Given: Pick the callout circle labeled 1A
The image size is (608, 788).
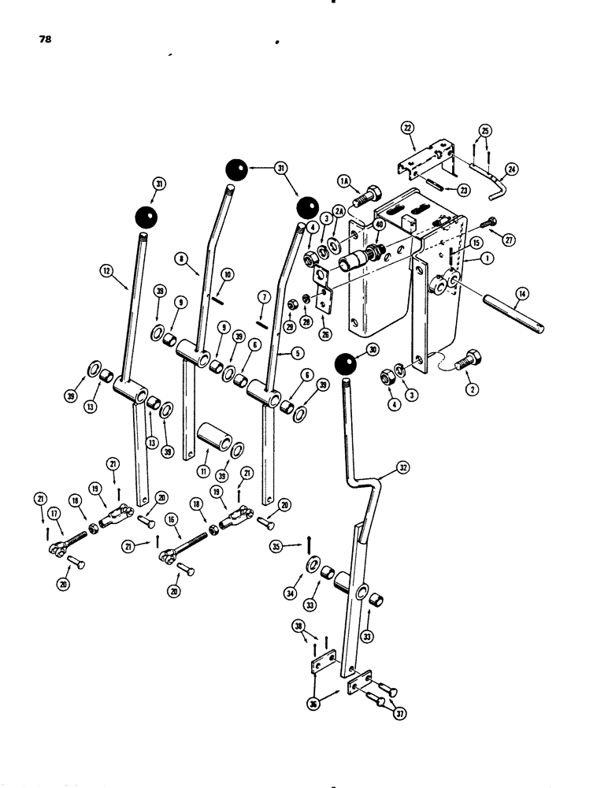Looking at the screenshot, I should tap(345, 182).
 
